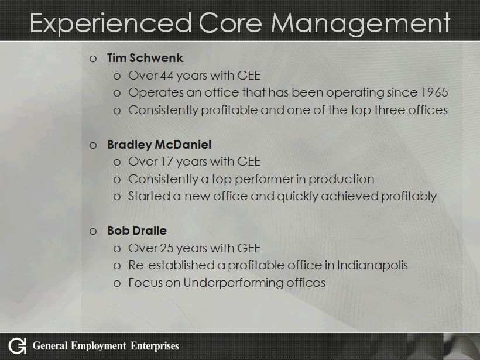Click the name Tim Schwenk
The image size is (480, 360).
click(x=145, y=58)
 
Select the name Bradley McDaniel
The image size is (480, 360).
click(x=159, y=145)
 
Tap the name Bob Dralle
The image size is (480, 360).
click(x=137, y=231)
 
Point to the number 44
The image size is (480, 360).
click(x=166, y=76)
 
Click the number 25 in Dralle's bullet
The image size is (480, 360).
click(x=166, y=248)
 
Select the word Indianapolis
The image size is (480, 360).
click(x=372, y=265)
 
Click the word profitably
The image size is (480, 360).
click(x=409, y=196)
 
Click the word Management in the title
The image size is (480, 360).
click(x=361, y=23)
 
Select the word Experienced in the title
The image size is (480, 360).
click(x=111, y=23)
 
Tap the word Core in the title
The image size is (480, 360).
click(x=231, y=23)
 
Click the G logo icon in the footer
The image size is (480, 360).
click(x=17, y=346)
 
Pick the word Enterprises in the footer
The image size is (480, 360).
click(x=155, y=346)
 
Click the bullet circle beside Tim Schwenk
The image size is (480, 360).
click(x=93, y=59)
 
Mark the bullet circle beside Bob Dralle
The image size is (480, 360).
click(x=93, y=231)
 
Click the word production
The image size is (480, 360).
click(x=341, y=179)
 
